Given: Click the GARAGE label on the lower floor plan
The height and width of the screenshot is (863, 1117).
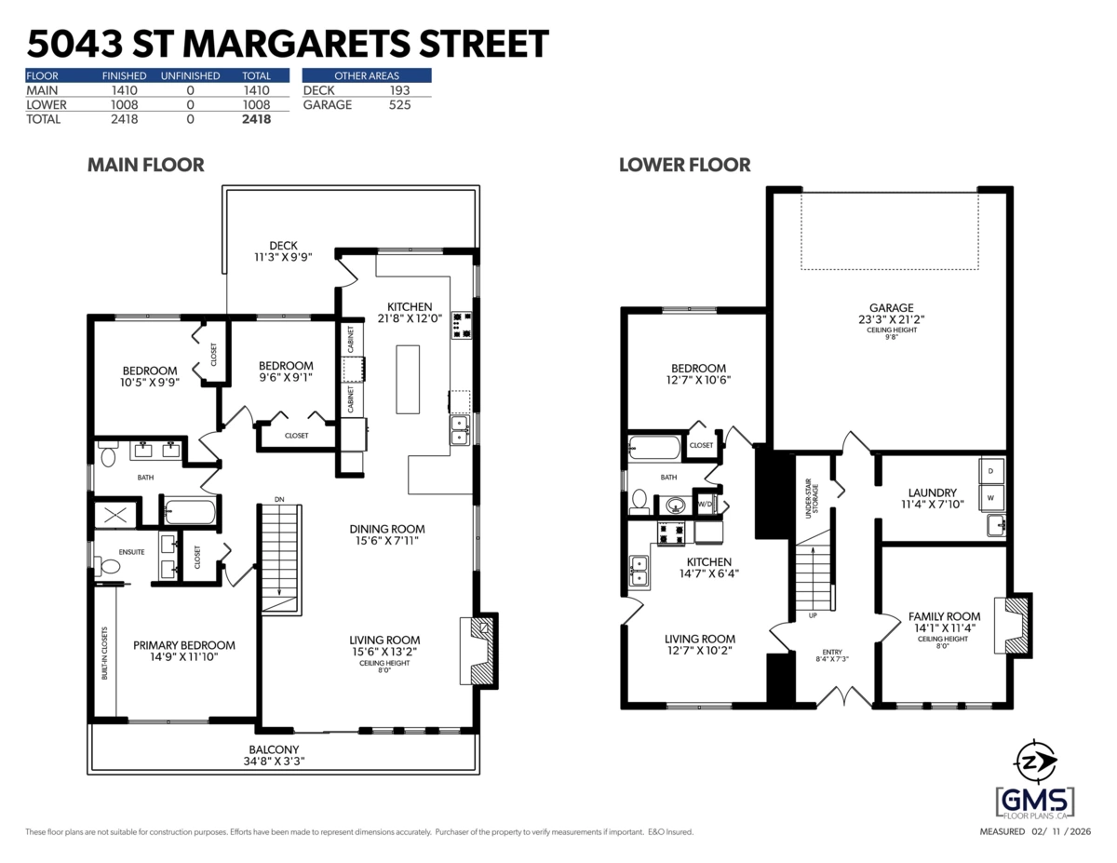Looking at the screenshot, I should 891,308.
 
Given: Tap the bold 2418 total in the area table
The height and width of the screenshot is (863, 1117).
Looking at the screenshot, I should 255,119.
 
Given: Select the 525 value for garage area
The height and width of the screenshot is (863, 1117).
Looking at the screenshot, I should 399,105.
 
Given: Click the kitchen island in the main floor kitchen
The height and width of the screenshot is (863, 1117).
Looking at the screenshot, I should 408,379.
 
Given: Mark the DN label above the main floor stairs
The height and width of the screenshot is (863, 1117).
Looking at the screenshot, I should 279,501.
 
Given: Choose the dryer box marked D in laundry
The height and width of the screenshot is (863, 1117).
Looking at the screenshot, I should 990,471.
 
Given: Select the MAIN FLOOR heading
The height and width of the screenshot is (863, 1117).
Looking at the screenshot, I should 145,165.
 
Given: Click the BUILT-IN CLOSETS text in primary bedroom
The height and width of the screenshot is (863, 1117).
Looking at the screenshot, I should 105,652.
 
